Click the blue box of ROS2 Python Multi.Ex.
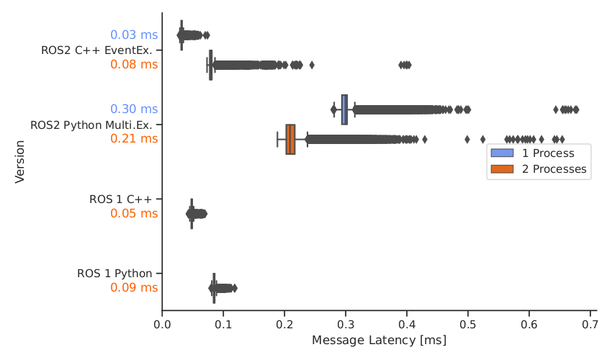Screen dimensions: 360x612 (344, 109)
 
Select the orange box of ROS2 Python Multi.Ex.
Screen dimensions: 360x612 (290, 139)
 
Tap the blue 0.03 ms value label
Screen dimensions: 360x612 (134, 35)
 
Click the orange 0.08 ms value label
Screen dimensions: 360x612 (134, 65)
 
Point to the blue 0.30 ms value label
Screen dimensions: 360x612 (134, 109)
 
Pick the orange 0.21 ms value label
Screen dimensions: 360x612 (134, 139)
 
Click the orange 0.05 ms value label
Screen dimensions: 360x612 (134, 214)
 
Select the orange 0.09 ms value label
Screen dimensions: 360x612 (134, 288)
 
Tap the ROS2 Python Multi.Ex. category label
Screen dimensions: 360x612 (94, 125)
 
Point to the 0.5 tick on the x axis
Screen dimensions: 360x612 (468, 325)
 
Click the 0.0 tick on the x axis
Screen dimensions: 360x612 (162, 325)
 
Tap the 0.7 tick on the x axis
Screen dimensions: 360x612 (590, 325)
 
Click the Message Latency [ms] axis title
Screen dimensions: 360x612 (379, 340)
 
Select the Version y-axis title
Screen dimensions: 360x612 (20, 165)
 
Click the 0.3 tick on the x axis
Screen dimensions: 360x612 (346, 325)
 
